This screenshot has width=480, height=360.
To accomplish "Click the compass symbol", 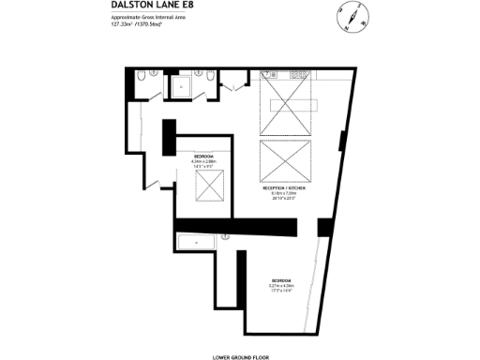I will (x=347, y=16).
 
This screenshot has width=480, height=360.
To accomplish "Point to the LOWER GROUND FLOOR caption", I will (x=240, y=356).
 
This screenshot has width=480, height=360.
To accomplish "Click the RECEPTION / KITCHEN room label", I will (x=285, y=188).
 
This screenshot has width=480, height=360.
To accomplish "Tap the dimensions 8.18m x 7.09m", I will (x=285, y=194).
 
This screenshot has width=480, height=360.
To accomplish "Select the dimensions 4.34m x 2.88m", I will (x=203, y=161).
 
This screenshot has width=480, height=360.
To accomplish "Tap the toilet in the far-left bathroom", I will (x=139, y=77).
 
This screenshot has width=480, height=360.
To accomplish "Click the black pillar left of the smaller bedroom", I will (x=169, y=139).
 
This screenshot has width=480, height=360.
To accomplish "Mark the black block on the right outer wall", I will (x=324, y=227).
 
